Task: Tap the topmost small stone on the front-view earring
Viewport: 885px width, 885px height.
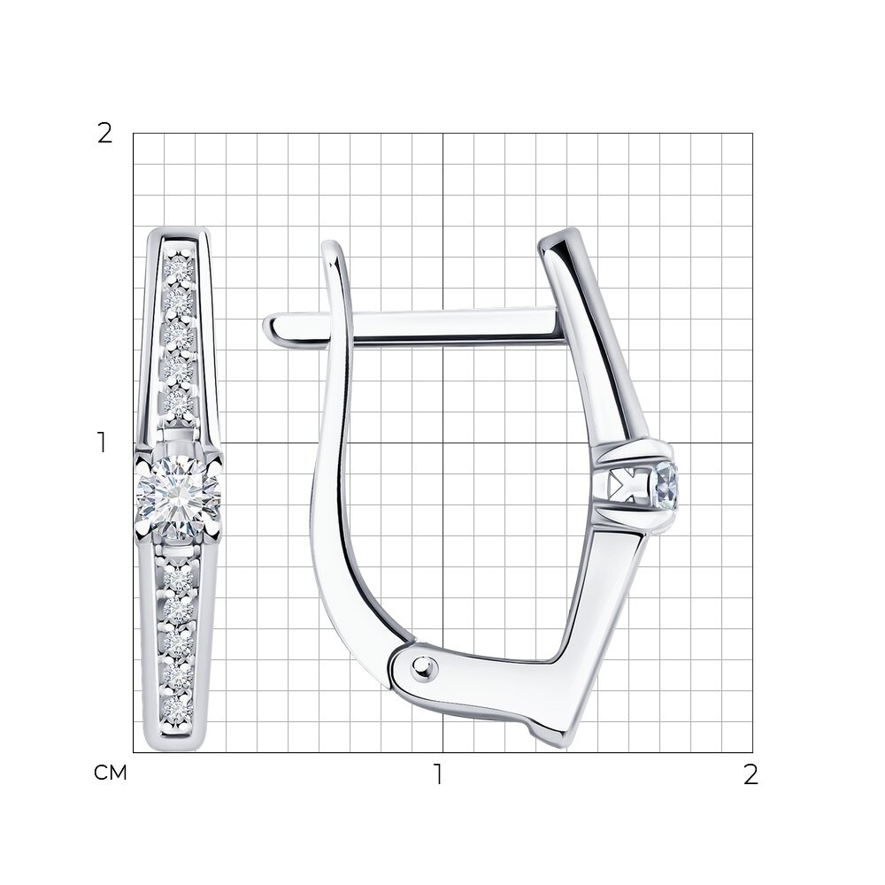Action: [x=180, y=270]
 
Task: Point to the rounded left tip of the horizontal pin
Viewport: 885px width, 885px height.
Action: [x=268, y=327]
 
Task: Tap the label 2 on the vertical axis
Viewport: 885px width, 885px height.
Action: [x=105, y=134]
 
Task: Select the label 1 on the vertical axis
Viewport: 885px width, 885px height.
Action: [x=102, y=442]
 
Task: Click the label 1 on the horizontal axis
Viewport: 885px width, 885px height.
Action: [x=438, y=774]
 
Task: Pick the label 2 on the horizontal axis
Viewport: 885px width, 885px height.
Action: [x=750, y=774]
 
